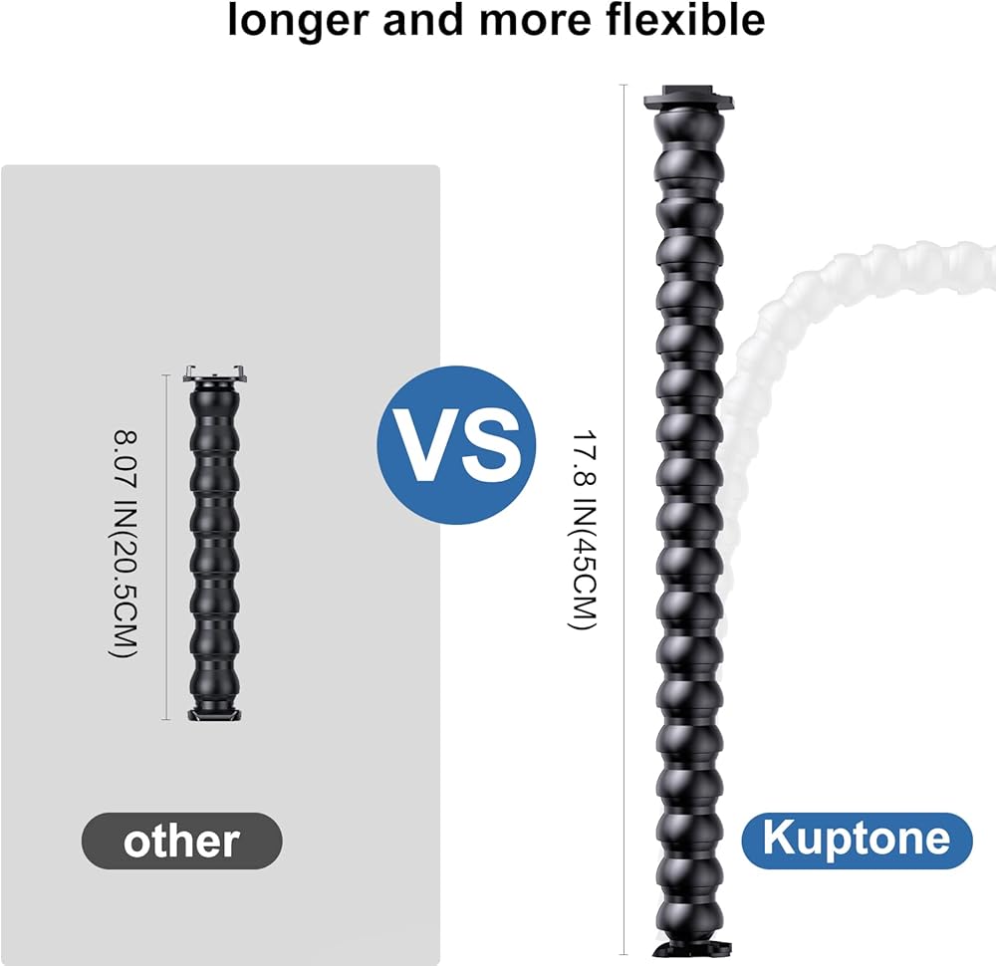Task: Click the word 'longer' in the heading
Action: pos(293,20)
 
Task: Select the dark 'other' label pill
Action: pos(181,842)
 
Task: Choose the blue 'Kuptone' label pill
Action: pos(857,840)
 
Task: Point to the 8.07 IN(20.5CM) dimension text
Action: pos(124,544)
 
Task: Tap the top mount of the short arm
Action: pos(215,375)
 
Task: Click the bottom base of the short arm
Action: pos(215,711)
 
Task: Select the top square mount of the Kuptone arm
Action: pos(689,101)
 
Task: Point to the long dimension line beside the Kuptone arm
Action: pos(624,518)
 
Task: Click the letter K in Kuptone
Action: pos(777,840)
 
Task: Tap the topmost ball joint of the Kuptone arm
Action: pos(689,134)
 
